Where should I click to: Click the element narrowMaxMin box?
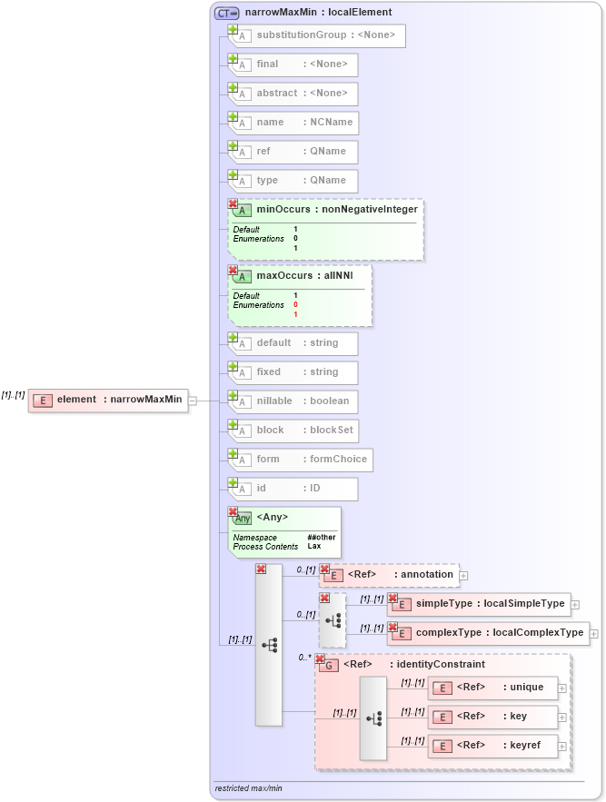click(x=108, y=400)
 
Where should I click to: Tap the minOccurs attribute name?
click(x=283, y=209)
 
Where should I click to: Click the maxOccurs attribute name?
click(x=284, y=275)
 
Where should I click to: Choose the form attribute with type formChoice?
click(x=301, y=460)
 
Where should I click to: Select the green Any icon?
click(x=243, y=518)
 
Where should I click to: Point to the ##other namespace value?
click(x=321, y=537)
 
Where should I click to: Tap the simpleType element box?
click(x=478, y=604)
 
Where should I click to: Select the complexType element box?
click(x=489, y=633)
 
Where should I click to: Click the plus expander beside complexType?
click(x=594, y=633)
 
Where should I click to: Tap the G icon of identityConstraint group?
click(x=330, y=665)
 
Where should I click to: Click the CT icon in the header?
click(x=225, y=13)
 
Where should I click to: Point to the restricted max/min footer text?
click(x=248, y=787)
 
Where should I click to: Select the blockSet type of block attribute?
click(x=333, y=431)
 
